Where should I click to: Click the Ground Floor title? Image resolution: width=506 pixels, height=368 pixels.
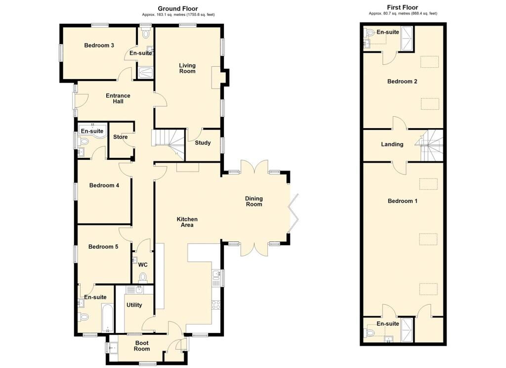[x=178, y=8]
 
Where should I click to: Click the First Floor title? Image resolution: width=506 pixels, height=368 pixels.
[x=402, y=7]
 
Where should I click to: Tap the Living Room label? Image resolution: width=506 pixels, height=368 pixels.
[x=187, y=68]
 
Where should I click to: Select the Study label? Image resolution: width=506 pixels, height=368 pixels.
[x=203, y=143]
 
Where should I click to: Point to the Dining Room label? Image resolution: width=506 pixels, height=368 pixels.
[x=254, y=201]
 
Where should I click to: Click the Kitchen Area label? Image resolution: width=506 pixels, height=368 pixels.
[x=187, y=222]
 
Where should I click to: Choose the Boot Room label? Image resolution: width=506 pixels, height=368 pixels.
[x=142, y=345]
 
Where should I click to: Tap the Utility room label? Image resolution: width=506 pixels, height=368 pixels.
[x=134, y=305]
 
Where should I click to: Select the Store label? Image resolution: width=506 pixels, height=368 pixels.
[x=120, y=137]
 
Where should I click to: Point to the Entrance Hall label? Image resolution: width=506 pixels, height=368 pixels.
[x=118, y=98]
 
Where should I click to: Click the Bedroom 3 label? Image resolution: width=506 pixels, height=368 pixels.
[x=99, y=46]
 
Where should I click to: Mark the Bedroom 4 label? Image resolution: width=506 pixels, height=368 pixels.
[x=104, y=186]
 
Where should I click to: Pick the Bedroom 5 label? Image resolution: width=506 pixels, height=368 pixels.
[x=103, y=246]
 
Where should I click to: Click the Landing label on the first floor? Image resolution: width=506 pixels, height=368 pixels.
[x=392, y=144]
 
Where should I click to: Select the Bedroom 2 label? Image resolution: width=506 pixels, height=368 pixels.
[x=402, y=81]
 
